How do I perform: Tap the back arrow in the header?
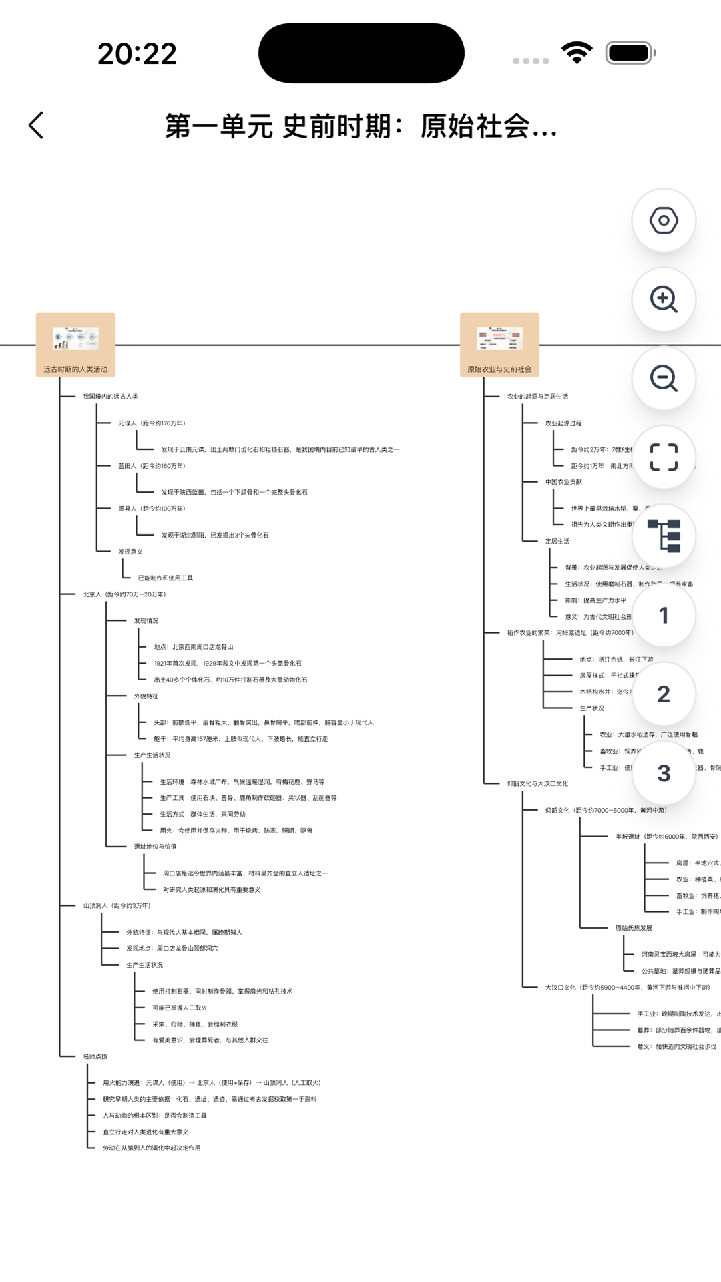pos(37,126)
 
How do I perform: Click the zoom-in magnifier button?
pos(664,300)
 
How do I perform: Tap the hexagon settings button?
pos(664,221)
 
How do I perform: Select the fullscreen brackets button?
pos(664,457)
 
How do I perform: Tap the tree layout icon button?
pos(664,536)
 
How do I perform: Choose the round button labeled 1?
pos(664,616)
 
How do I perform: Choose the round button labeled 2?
pos(664,694)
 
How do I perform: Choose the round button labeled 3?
pos(664,773)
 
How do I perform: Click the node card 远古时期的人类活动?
pos(75,345)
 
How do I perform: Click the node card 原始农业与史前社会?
pos(499,345)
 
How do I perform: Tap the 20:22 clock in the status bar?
pos(137,54)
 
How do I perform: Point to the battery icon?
pos(630,53)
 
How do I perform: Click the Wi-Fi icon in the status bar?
pos(577,53)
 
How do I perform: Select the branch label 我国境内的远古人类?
pos(110,397)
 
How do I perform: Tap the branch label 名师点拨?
pos(95,1056)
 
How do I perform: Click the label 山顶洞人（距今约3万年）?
pos(117,906)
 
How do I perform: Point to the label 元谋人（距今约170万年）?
pos(152,423)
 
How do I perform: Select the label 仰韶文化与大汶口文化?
pos(537,784)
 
